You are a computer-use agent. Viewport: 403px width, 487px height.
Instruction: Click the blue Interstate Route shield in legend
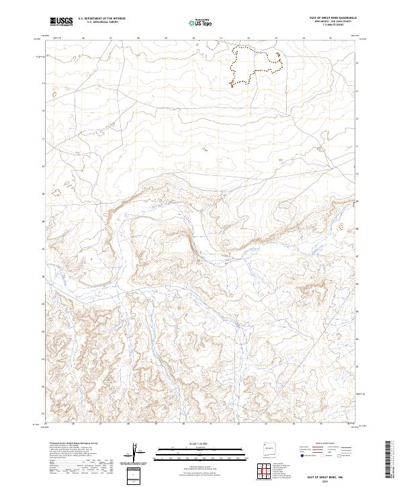(303, 456)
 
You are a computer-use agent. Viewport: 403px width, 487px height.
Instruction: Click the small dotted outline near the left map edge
(56, 192)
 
